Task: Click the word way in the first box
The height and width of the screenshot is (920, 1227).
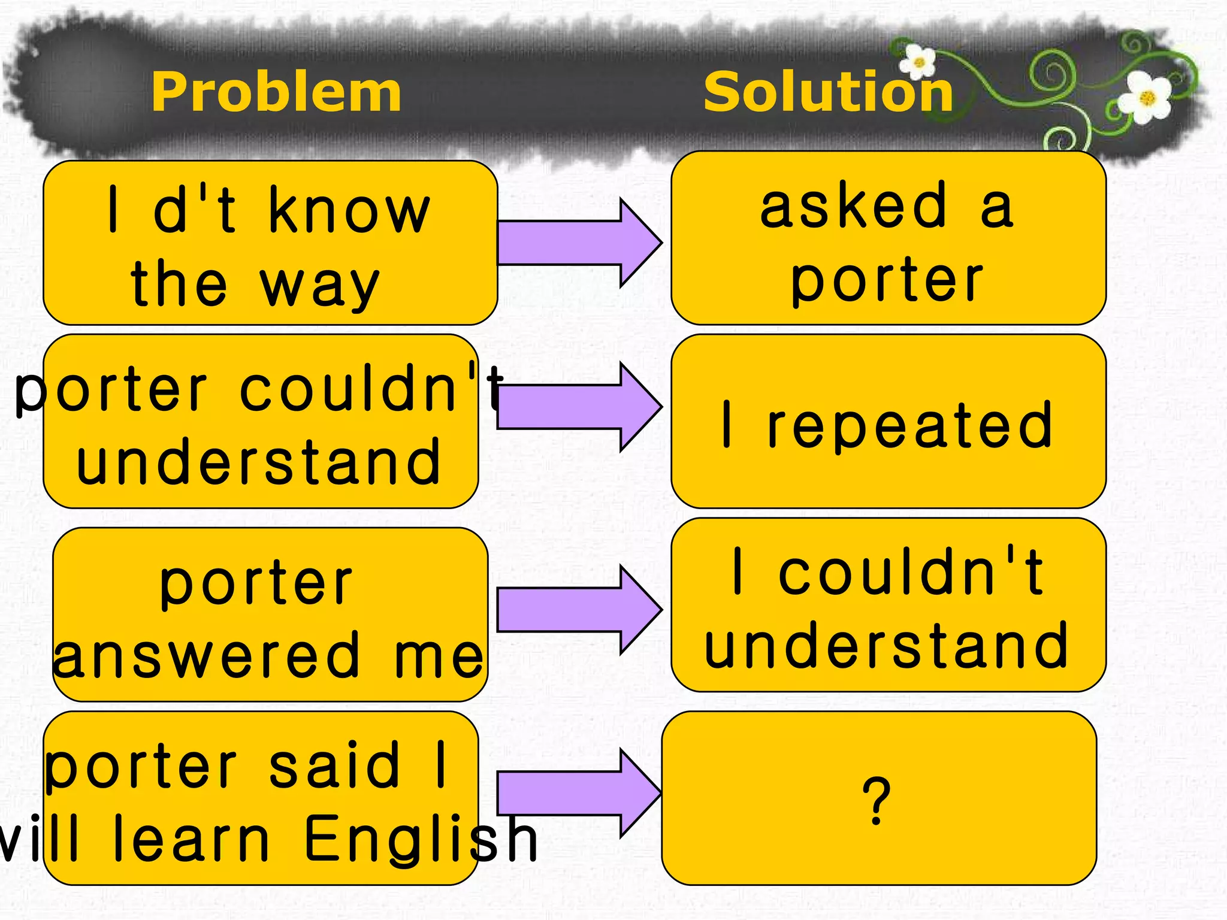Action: click(x=320, y=286)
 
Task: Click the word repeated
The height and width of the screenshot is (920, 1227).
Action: click(x=910, y=425)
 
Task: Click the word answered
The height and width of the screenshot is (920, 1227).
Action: click(x=207, y=656)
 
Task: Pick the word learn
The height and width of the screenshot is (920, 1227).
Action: click(x=192, y=839)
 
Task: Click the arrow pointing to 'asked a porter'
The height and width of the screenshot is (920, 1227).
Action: click(x=578, y=243)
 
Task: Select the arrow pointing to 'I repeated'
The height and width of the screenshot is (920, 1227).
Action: click(x=578, y=407)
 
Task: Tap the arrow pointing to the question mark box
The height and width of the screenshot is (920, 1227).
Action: click(x=578, y=793)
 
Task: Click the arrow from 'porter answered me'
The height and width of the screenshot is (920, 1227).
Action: click(x=578, y=610)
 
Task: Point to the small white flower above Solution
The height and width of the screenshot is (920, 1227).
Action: click(x=918, y=62)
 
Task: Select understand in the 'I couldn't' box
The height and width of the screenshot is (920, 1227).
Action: click(x=887, y=646)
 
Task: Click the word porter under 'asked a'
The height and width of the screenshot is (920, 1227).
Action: click(x=887, y=280)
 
